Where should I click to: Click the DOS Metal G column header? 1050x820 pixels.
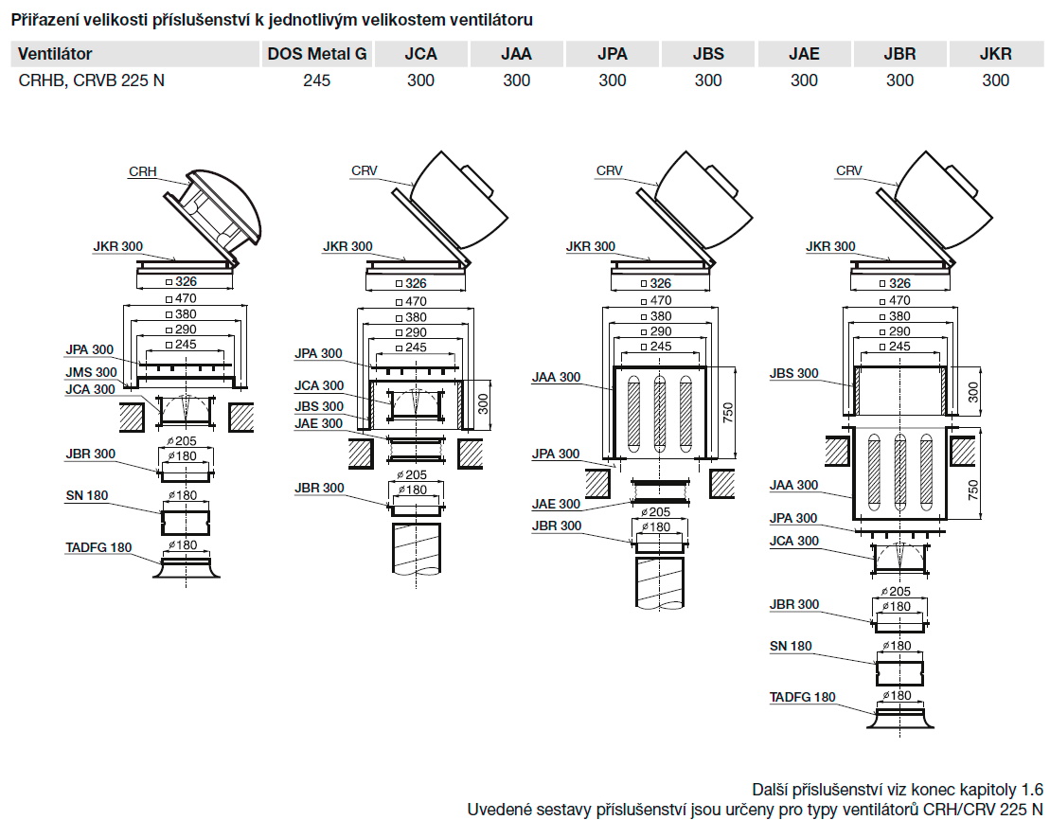click(x=316, y=54)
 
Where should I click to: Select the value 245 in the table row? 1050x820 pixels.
click(x=316, y=80)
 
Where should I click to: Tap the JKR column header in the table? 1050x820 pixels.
click(x=995, y=54)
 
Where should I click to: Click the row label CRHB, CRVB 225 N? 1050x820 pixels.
click(x=92, y=80)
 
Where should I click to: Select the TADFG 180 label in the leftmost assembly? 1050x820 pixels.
click(x=99, y=547)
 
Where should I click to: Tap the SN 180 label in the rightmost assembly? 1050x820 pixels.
click(x=791, y=646)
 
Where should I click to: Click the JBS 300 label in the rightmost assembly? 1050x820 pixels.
click(x=793, y=373)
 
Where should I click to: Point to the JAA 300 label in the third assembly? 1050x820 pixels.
click(x=556, y=377)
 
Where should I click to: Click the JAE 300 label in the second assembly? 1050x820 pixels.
click(x=319, y=423)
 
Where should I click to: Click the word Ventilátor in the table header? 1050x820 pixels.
click(x=55, y=54)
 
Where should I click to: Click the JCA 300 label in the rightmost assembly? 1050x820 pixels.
click(x=793, y=541)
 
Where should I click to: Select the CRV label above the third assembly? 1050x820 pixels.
click(x=609, y=170)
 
